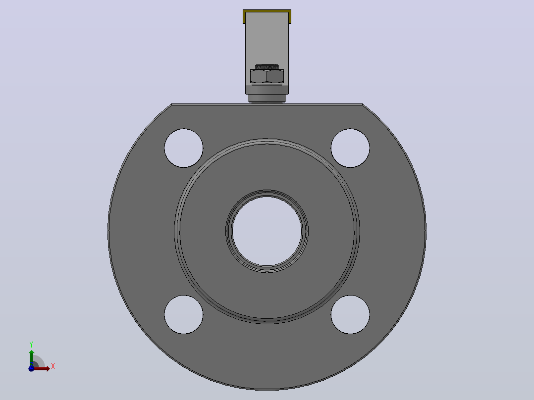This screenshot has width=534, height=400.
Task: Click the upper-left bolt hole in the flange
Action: [x=184, y=148]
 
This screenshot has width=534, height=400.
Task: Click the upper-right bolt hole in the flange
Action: [x=350, y=148]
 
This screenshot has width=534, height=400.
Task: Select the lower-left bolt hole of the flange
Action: [x=184, y=314]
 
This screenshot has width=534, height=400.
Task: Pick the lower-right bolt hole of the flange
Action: [x=350, y=314]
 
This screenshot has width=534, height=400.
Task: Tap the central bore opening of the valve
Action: [x=267, y=231]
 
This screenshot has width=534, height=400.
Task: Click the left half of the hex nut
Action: [x=259, y=76]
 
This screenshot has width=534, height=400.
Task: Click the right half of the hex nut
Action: [x=275, y=76]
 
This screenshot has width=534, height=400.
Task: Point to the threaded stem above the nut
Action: [x=267, y=67]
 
